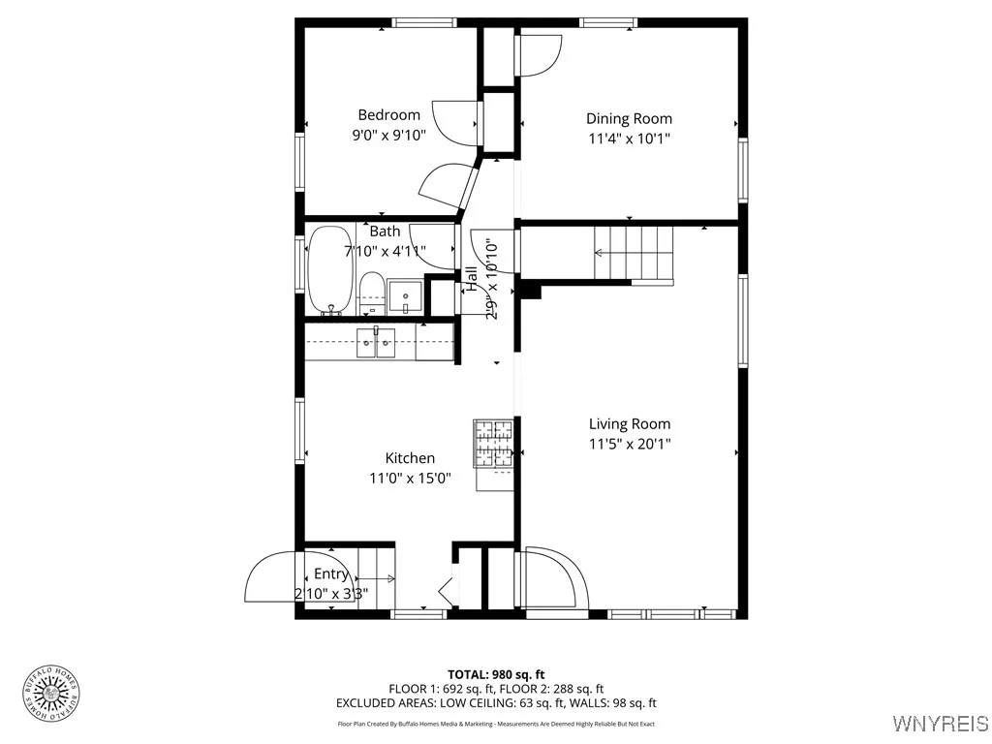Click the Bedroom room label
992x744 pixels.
[388, 114]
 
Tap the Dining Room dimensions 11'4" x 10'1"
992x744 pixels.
[629, 139]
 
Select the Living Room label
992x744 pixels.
[629, 423]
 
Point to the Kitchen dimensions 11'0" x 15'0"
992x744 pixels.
[410, 478]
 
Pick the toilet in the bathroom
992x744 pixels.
[370, 293]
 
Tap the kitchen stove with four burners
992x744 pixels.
[493, 447]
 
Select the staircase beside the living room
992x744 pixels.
[634, 253]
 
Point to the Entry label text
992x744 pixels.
[330, 574]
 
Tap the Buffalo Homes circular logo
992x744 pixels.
[49, 692]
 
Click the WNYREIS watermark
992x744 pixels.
[940, 723]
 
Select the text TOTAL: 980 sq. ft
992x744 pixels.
[496, 674]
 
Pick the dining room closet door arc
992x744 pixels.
[541, 54]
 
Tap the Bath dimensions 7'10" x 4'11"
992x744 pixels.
[385, 251]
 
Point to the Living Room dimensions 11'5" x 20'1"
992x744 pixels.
[629, 444]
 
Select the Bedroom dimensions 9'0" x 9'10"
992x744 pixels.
[388, 136]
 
